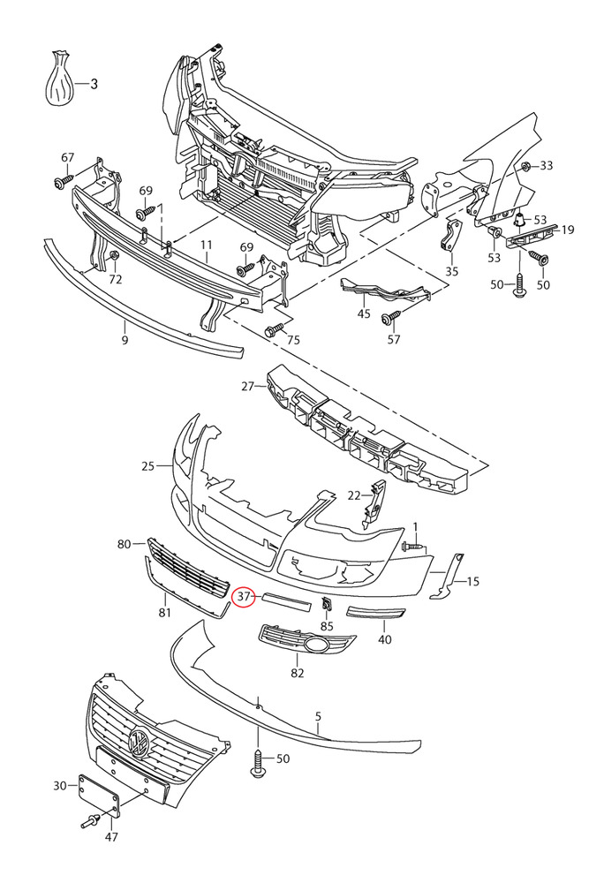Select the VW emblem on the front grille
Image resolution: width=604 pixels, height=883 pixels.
[139, 743]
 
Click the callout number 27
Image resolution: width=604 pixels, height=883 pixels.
[247, 387]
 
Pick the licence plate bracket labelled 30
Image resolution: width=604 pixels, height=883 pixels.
[99, 796]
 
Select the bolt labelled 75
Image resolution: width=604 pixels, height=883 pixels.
[276, 328]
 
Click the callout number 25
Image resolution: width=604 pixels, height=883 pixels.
[147, 466]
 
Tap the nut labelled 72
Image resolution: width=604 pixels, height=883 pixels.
[113, 257]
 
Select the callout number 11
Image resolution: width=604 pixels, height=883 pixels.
[206, 245]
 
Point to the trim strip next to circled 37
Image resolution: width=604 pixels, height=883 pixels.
[287, 600]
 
